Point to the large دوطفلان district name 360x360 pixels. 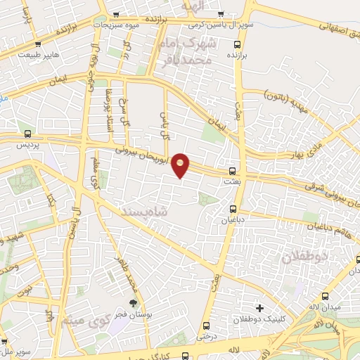pos(305,257)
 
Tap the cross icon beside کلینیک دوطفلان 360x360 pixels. pos(260,308)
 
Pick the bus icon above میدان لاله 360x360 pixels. pos(325,296)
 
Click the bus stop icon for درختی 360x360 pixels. pos(206,326)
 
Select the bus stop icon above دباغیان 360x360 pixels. pos(233,209)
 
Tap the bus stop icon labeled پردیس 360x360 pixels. pos(28,134)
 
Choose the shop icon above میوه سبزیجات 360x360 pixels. pos(115,15)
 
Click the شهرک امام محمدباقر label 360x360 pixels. pos(205,53)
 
